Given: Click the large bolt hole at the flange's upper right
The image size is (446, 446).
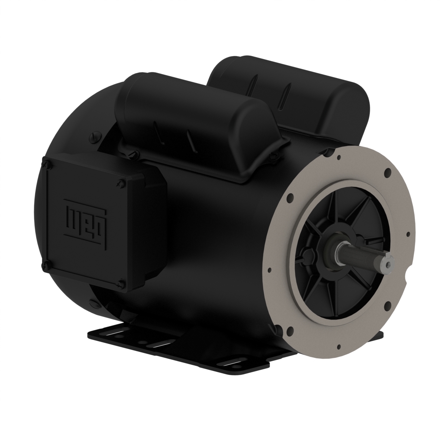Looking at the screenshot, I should coord(388,173).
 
